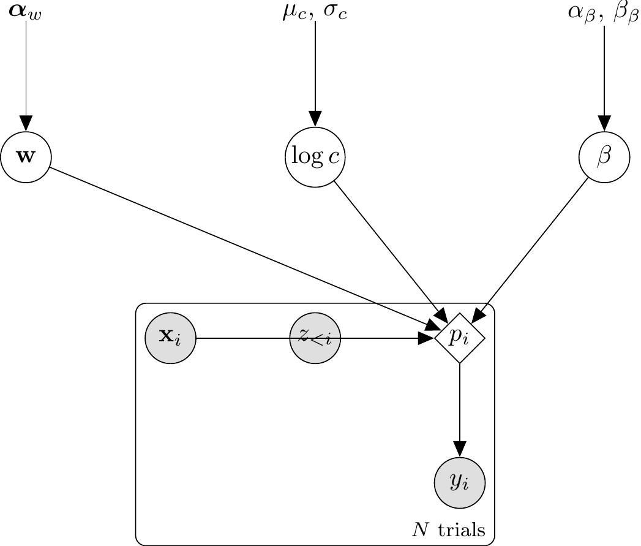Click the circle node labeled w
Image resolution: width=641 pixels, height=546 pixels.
[x=25, y=157]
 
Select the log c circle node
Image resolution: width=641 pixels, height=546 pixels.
[x=315, y=157]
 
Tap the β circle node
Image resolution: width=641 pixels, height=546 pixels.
[x=604, y=157]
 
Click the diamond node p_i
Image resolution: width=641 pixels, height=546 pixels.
[x=460, y=338]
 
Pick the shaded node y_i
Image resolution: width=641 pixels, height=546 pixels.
[x=460, y=482]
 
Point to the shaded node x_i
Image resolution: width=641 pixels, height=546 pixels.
[x=170, y=338]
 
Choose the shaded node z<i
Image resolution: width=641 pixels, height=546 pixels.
[x=315, y=338]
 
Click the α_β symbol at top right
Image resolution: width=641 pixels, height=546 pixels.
[x=581, y=13]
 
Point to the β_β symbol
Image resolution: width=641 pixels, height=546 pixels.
[x=625, y=13]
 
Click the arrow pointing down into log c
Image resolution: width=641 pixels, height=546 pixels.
[x=315, y=74]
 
